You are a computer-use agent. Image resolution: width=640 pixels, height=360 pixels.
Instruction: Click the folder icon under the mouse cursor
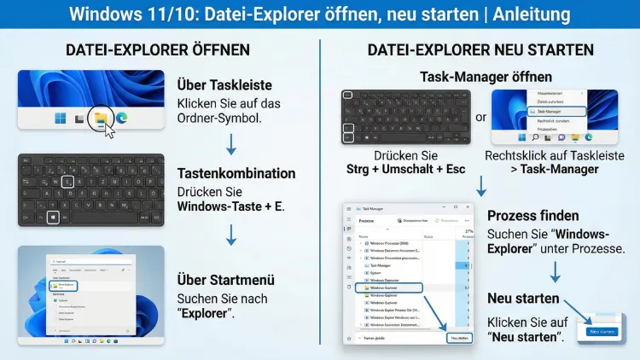pyautogui.click(x=102, y=118)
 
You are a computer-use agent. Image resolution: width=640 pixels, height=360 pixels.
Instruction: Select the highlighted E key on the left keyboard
pyautogui.click(x=67, y=181)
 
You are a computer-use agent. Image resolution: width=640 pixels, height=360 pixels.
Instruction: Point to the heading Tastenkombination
pyautogui.click(x=236, y=173)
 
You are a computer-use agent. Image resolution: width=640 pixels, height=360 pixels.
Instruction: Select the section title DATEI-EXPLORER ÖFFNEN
pyautogui.click(x=158, y=50)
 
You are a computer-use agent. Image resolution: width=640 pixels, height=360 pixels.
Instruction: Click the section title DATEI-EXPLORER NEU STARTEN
pyautogui.click(x=480, y=50)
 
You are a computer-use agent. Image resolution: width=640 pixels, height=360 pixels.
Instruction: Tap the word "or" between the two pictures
pyautogui.click(x=481, y=117)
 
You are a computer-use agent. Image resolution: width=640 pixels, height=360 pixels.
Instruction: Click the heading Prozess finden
pyautogui.click(x=532, y=216)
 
